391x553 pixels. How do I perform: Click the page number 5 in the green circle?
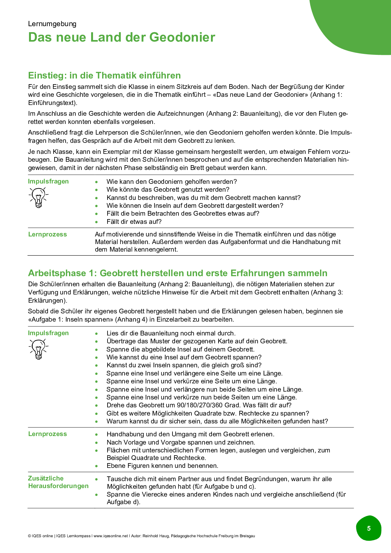coord(369,528)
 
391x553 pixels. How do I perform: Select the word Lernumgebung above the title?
coord(52,24)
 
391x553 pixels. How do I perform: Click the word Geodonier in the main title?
coord(182,37)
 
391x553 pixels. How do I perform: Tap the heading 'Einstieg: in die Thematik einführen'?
coord(104,75)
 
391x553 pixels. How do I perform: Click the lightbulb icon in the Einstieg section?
coord(38,197)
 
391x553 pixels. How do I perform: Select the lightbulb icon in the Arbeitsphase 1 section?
coord(38,349)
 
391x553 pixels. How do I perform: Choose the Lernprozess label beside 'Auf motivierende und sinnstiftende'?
coord(48,234)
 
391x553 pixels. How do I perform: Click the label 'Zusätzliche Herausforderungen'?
coord(58,482)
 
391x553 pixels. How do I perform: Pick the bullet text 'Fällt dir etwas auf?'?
coord(134,222)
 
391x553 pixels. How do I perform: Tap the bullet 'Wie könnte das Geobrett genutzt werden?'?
coord(168,189)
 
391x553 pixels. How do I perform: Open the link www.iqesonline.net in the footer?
coord(111,536)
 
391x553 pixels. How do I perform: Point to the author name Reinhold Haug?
coord(156,536)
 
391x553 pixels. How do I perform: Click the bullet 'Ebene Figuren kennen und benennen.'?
coord(162,466)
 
